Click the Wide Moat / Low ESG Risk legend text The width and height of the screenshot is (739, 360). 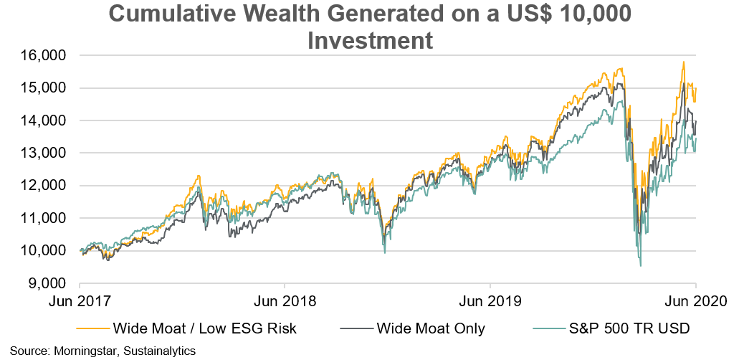coord(204,329)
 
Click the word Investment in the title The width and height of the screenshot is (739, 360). coord(370,40)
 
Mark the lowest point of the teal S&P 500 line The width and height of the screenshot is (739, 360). coord(640,266)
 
